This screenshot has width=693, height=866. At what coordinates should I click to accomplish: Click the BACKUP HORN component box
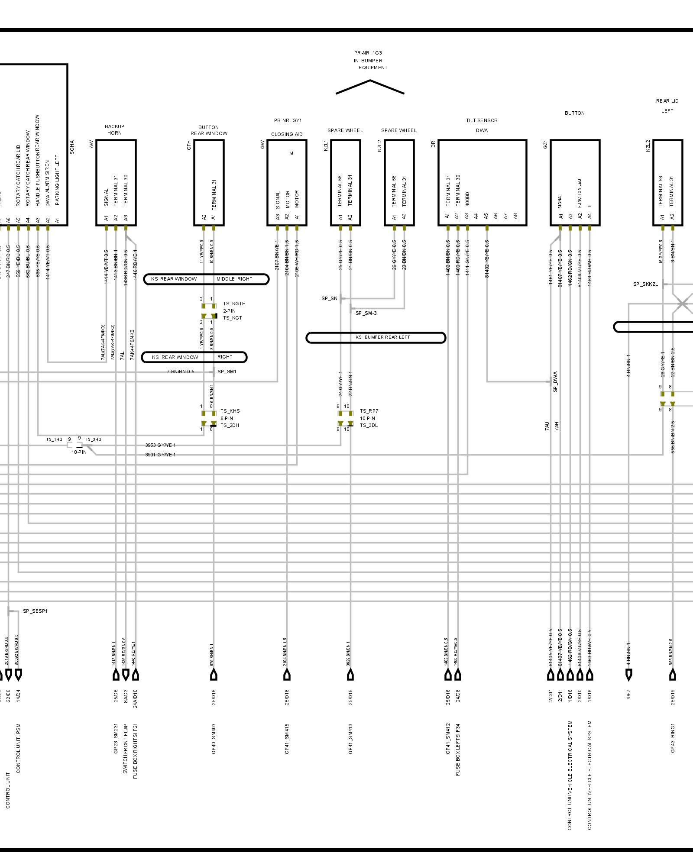point(116,182)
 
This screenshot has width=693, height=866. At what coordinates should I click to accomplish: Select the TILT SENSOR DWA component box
point(482,182)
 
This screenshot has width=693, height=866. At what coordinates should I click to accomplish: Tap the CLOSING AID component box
point(287,182)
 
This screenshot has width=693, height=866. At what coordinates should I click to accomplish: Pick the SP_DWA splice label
point(555,381)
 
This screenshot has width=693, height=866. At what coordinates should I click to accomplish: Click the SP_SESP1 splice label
point(35,611)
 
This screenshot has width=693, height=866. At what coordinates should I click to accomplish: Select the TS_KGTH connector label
point(234,304)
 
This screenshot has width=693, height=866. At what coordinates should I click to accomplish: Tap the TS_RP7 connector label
point(369,411)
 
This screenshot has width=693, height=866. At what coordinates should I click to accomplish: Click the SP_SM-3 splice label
point(366,313)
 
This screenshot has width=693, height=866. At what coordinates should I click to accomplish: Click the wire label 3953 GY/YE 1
point(160,445)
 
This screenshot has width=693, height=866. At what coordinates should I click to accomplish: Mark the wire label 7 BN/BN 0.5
point(181,372)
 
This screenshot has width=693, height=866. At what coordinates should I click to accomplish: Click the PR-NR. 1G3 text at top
point(368,53)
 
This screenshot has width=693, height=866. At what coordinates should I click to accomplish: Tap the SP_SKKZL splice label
point(645,284)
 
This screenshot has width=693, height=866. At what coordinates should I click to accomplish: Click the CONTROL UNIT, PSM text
point(18,748)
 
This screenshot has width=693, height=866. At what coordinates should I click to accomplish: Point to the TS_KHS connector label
point(230,411)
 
